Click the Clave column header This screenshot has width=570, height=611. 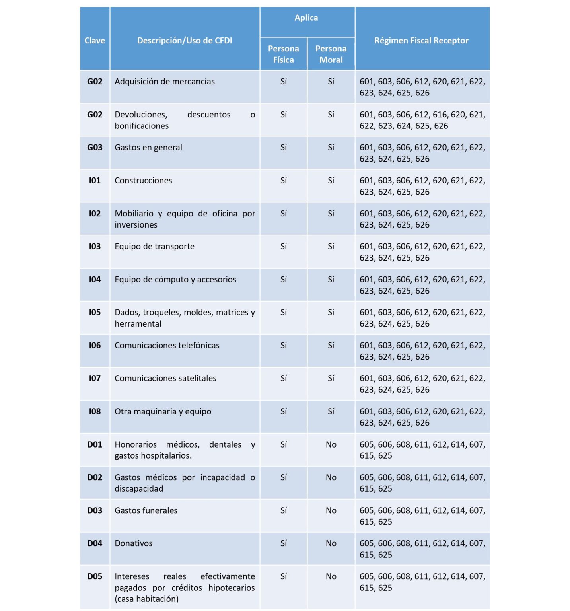pyautogui.click(x=95, y=41)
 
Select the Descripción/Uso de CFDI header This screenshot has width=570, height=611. pyautogui.click(x=185, y=41)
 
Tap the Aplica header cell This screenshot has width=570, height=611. pyautogui.click(x=306, y=18)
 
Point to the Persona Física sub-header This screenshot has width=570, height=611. pyautogui.click(x=283, y=54)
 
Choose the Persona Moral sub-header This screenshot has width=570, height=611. pyautogui.click(x=331, y=54)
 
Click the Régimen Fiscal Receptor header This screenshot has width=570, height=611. pyautogui.click(x=421, y=41)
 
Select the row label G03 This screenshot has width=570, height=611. pyautogui.click(x=95, y=148)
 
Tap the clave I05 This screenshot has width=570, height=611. pyautogui.click(x=95, y=313)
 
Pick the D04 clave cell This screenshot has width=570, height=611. pyautogui.click(x=95, y=543)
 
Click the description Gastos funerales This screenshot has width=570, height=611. pyautogui.click(x=146, y=510)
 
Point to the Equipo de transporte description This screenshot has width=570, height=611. pyautogui.click(x=154, y=247)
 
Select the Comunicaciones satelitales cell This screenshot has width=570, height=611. pyautogui.click(x=165, y=378)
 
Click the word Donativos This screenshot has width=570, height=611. pyautogui.click(x=133, y=543)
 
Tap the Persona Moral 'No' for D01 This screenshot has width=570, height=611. pyautogui.click(x=331, y=445)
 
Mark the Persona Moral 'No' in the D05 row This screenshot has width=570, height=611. pyautogui.click(x=331, y=576)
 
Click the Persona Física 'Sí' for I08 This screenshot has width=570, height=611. pyautogui.click(x=283, y=412)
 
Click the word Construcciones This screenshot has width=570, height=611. pyautogui.click(x=143, y=181)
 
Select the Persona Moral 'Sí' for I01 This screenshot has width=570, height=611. pyautogui.click(x=331, y=181)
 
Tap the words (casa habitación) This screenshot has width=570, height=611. pyautogui.click(x=146, y=599)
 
